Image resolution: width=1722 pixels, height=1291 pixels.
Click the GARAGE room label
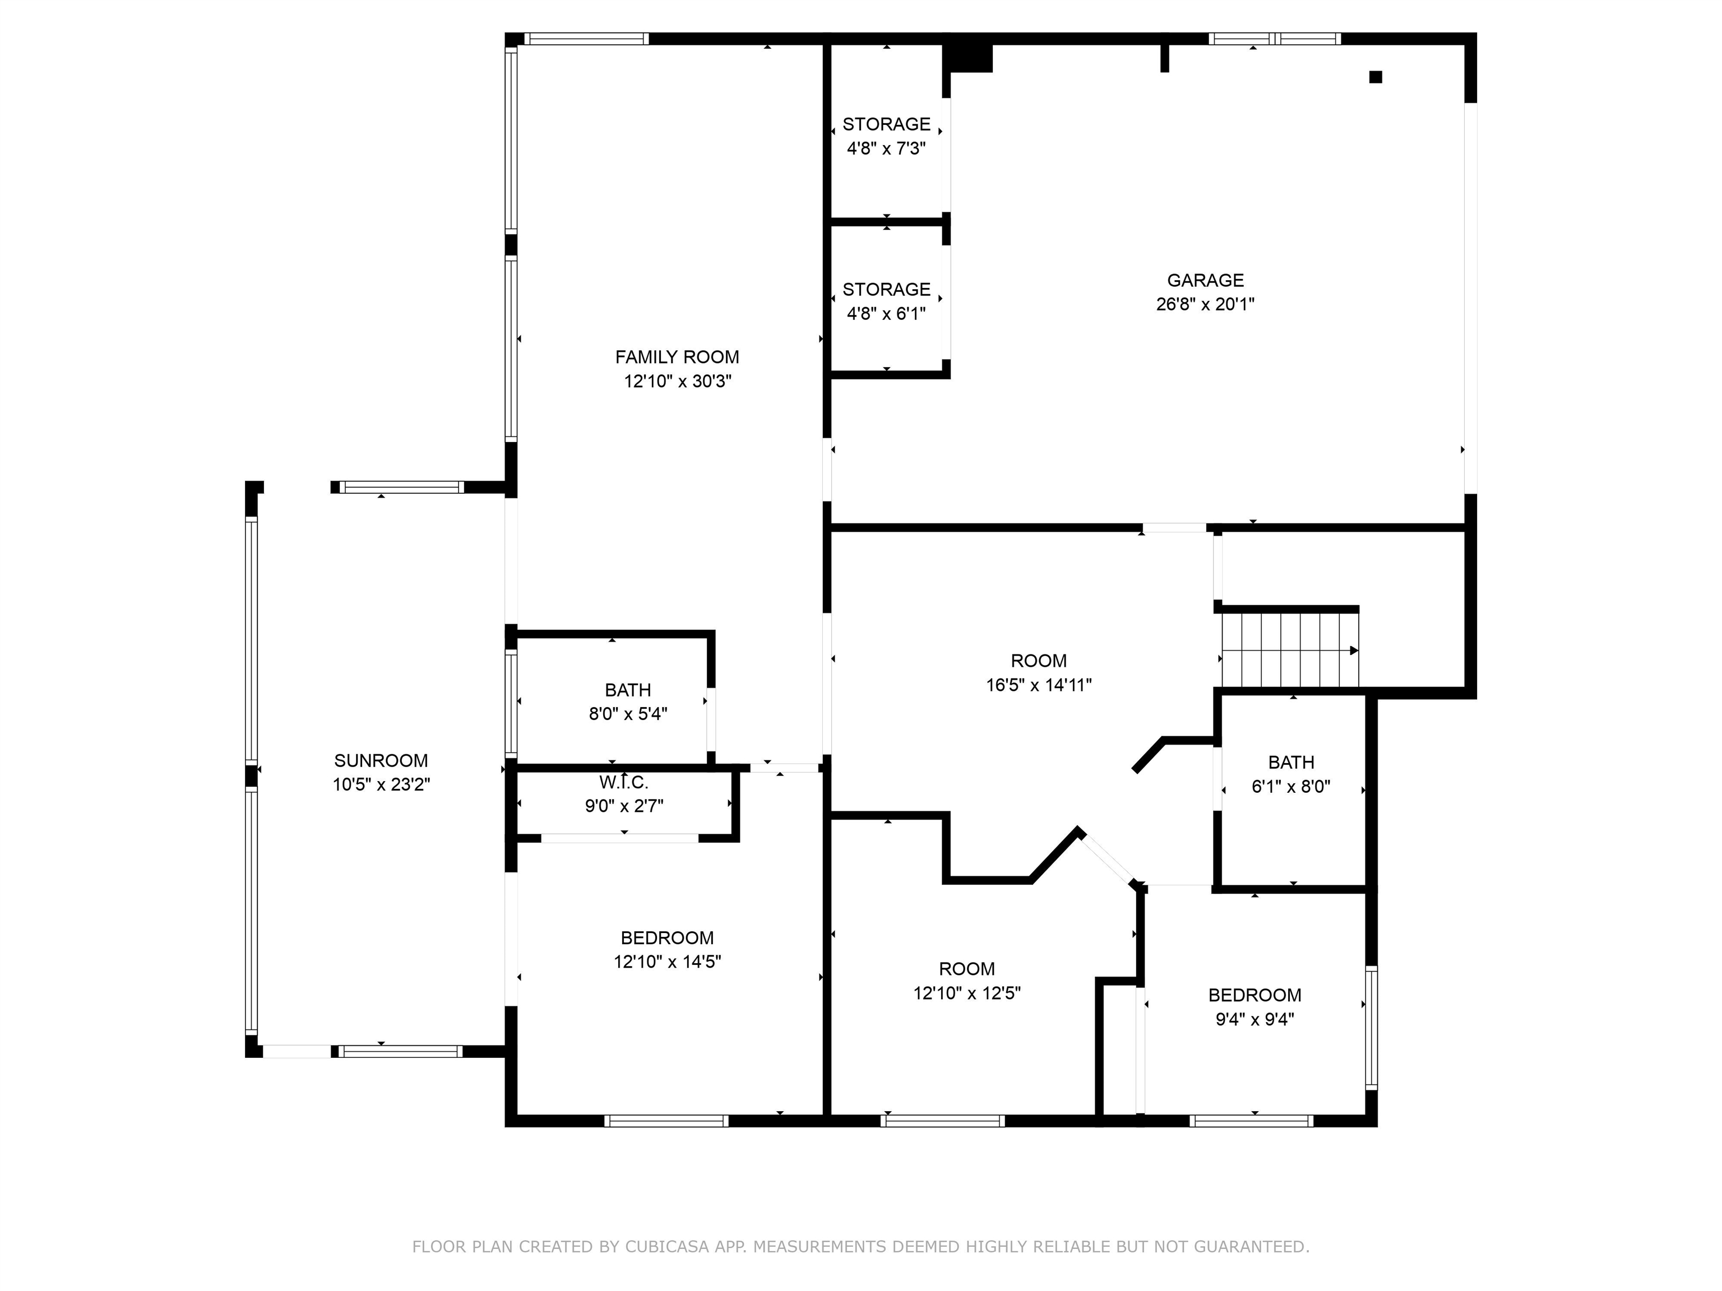tap(1205, 280)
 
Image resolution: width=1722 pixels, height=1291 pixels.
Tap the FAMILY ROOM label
tap(677, 357)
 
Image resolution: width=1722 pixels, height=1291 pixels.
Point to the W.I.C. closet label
tap(623, 782)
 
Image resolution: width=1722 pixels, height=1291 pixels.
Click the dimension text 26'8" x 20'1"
tap(1205, 304)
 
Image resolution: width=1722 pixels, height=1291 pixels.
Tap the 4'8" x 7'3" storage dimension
tap(886, 148)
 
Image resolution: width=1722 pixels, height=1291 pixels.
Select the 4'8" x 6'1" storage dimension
tap(886, 314)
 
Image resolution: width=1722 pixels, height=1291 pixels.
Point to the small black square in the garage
tap(1376, 77)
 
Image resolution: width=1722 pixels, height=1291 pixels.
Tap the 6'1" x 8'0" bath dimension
tap(1291, 787)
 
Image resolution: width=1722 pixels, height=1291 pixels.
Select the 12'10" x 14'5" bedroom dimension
tap(667, 962)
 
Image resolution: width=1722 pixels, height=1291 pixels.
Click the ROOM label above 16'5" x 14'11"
tap(1039, 661)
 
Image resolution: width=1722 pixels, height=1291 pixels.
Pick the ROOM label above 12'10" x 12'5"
tap(967, 969)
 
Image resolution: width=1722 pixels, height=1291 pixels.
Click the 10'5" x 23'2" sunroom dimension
tap(382, 784)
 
